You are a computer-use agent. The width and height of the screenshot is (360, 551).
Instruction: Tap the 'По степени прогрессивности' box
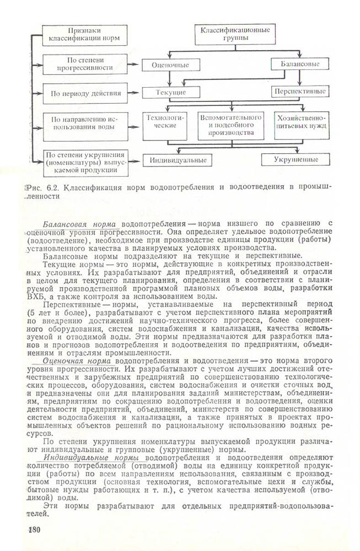pyautogui.click(x=85, y=64)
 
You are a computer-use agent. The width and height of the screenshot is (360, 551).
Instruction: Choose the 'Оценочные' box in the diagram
pyautogui.click(x=170, y=65)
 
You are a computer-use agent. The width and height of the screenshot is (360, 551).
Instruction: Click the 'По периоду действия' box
pyautogui.click(x=85, y=93)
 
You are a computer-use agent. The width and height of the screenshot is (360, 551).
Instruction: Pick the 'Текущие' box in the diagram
pyautogui.click(x=170, y=91)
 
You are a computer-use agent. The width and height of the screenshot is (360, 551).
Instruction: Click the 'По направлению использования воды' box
pyautogui.click(x=85, y=122)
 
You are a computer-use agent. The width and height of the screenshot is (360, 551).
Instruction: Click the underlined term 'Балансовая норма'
pyautogui.click(x=78, y=224)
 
